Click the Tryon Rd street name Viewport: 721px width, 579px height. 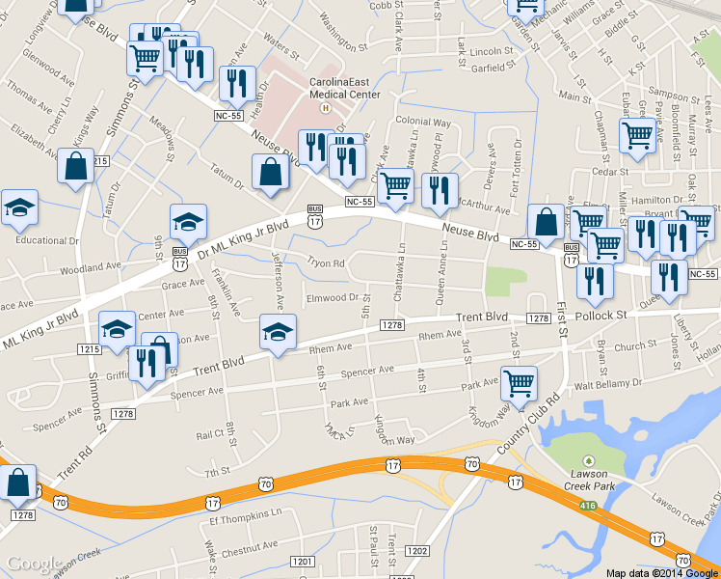tap(325, 262)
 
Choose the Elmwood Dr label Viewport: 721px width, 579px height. tap(333, 298)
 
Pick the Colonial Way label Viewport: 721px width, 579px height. tap(423, 123)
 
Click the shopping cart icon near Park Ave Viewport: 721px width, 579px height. tap(520, 384)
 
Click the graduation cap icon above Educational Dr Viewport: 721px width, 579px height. tap(19, 207)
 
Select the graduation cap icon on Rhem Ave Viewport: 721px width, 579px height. tap(278, 333)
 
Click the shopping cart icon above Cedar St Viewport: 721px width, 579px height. tap(637, 138)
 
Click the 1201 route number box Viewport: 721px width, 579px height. tap(303, 562)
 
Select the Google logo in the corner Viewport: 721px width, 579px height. tap(35, 564)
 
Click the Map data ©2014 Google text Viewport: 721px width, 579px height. tap(661, 572)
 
